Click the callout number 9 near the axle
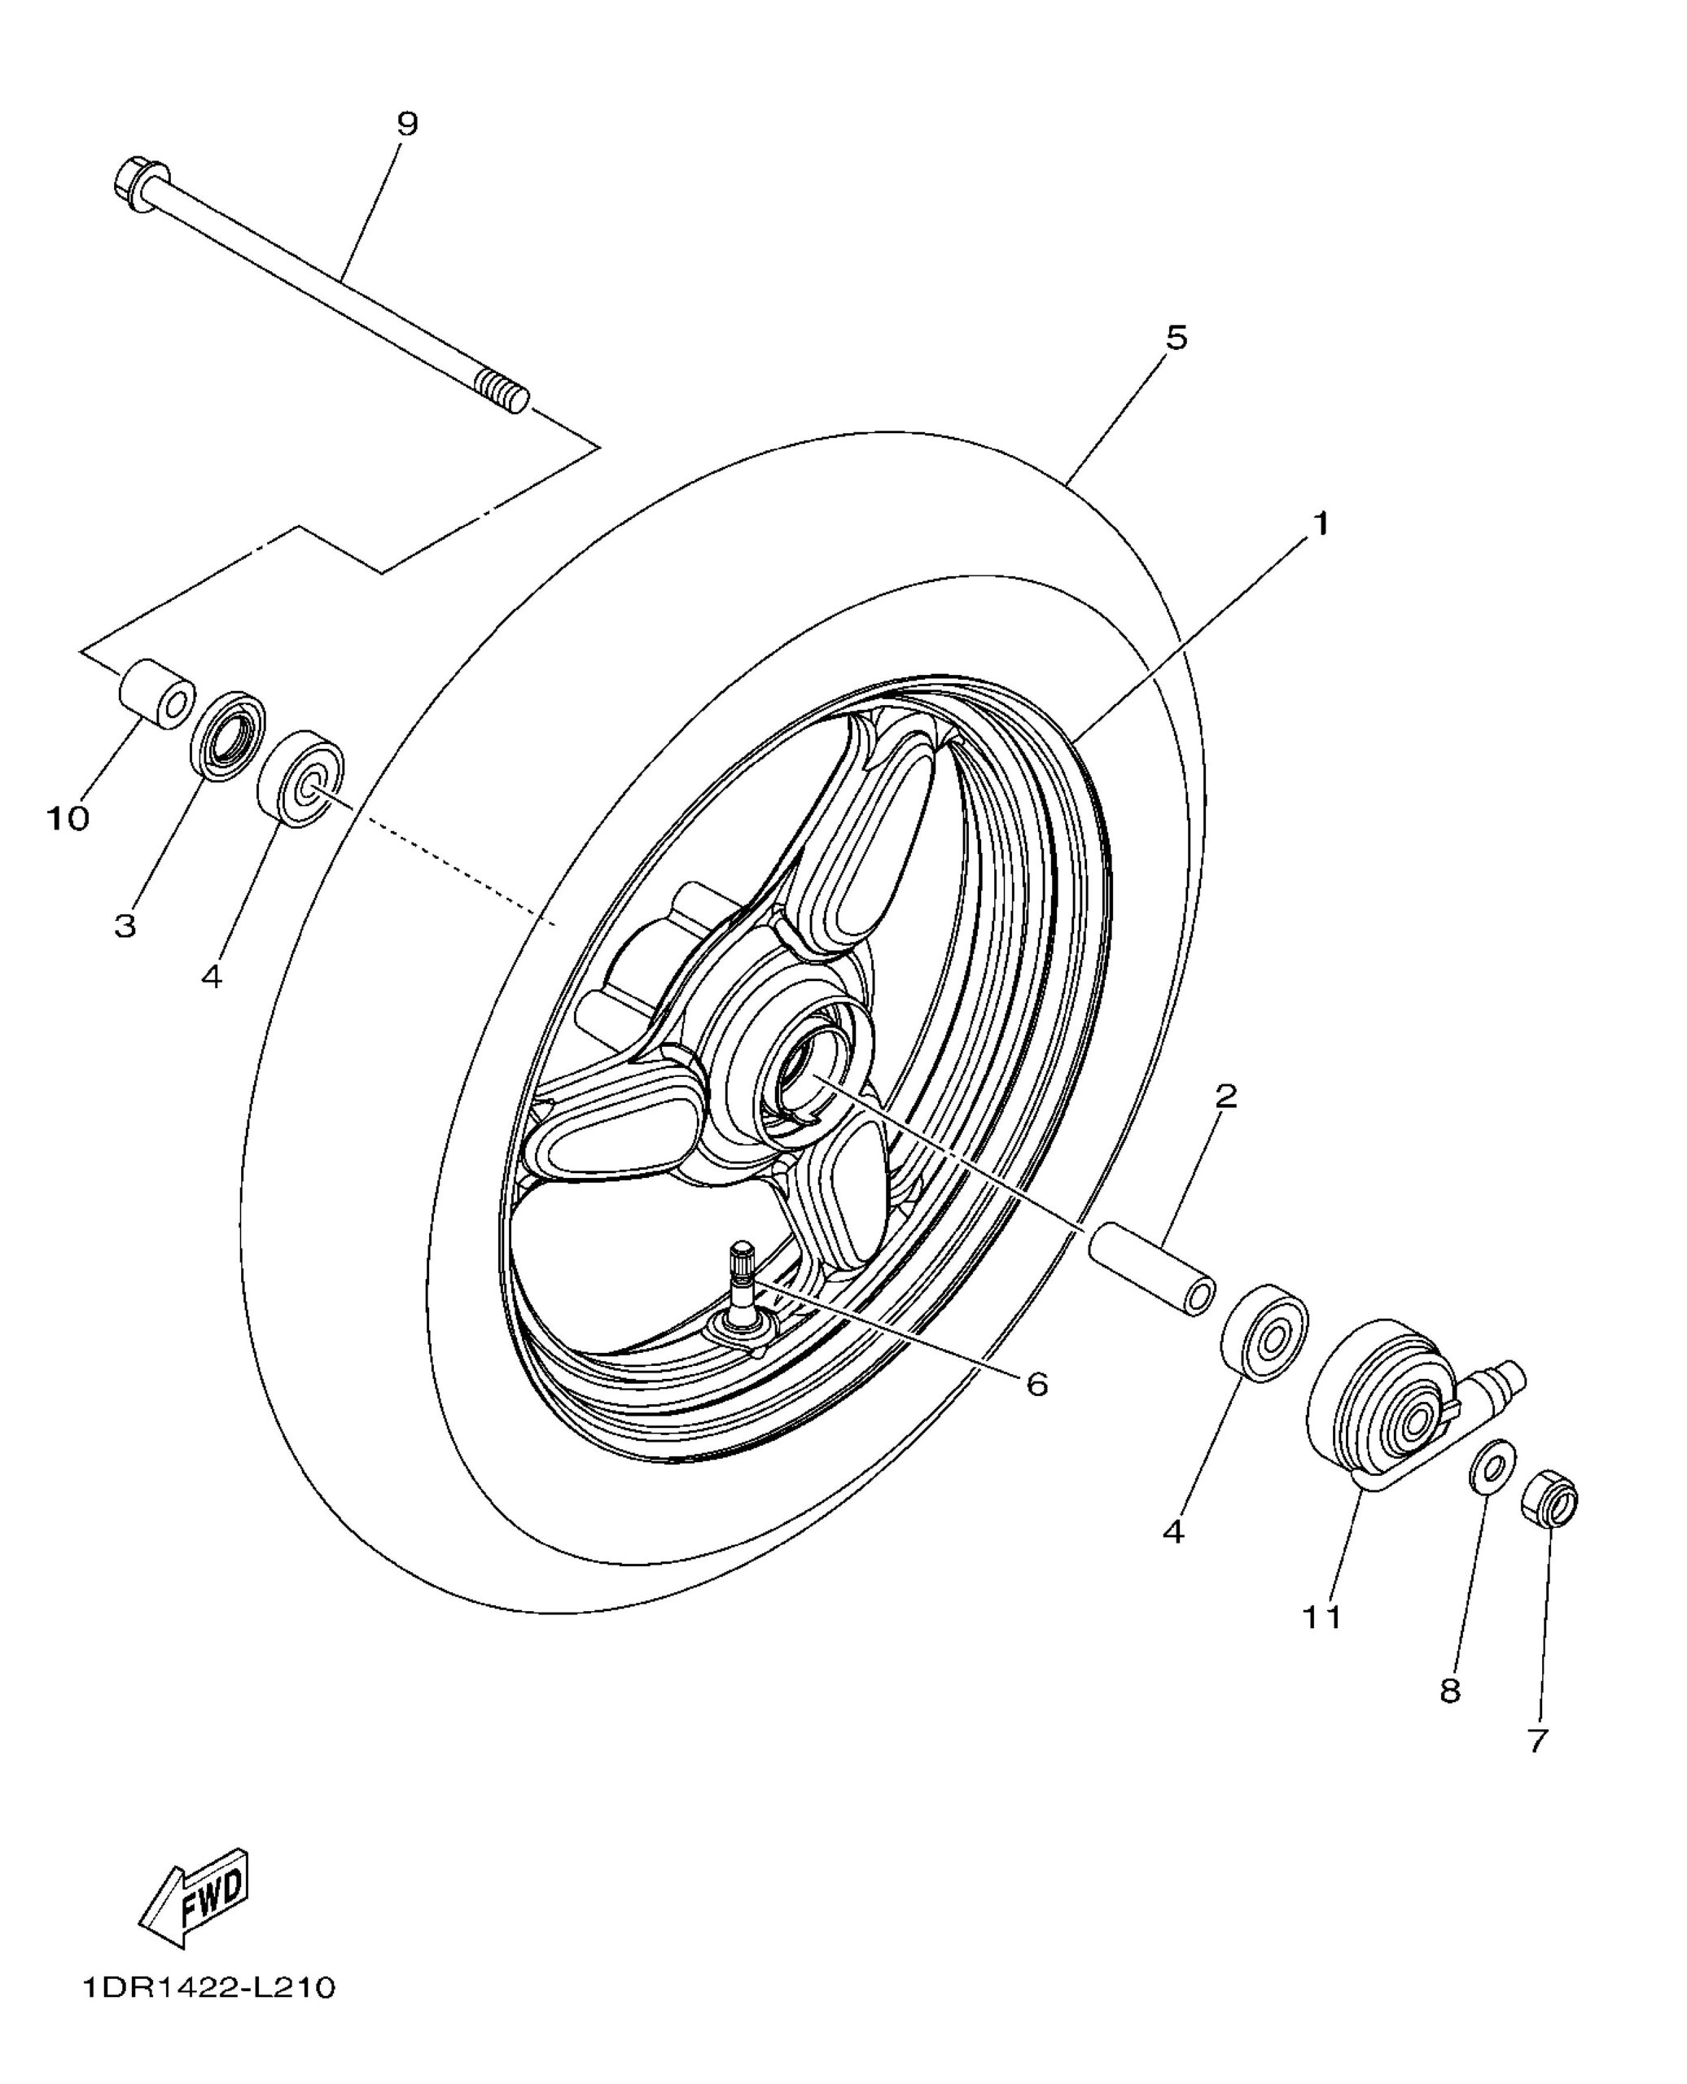pos(407,125)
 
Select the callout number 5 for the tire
pos(1176,338)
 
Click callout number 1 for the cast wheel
pos(1320,523)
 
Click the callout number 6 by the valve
pos(1038,1385)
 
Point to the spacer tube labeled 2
pos(1153,1267)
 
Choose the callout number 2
pos(1226,1097)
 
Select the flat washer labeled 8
pos(1492,1466)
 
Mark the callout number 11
pos(1321,1618)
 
